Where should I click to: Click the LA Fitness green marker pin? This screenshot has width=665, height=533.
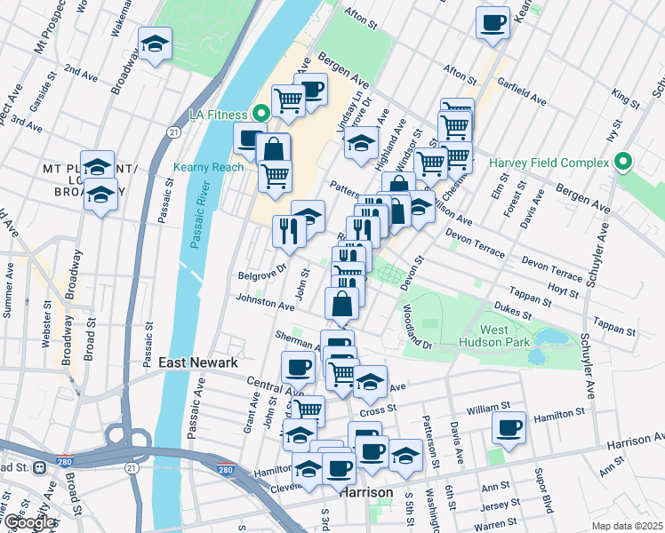[x=260, y=114]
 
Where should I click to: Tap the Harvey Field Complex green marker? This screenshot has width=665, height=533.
[x=623, y=163]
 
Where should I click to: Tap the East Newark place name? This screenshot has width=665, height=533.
[x=197, y=362]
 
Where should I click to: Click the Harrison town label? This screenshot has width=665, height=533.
[x=365, y=491]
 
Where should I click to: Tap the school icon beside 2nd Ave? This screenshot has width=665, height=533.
[x=156, y=44]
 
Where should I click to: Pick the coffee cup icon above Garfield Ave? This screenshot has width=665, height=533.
[x=493, y=24]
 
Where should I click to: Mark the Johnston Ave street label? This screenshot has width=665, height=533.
[x=264, y=305]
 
